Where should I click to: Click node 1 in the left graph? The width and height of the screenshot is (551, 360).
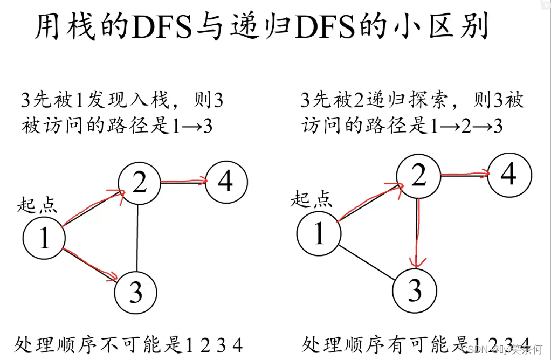tap(44, 237)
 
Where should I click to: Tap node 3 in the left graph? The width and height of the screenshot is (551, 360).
tap(136, 292)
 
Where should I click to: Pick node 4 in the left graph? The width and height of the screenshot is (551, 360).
tap(226, 182)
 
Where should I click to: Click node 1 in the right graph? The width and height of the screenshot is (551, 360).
tap(319, 233)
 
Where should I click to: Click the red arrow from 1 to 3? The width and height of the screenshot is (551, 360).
tap(91, 265)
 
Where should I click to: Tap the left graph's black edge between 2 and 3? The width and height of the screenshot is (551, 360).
tap(139, 237)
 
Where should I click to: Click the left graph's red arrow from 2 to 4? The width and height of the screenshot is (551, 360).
tap(183, 182)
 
